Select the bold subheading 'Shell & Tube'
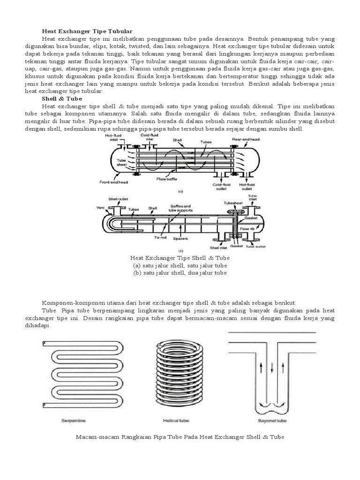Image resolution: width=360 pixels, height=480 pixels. point(62,99)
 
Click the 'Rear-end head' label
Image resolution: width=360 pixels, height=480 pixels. point(246,140)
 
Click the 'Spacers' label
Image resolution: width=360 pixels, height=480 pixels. point(180,239)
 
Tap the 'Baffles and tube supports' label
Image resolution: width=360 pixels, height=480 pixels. point(180,208)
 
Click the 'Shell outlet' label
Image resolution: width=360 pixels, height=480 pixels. point(116,199)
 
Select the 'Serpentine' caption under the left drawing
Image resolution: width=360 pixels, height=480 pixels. point(74,420)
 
